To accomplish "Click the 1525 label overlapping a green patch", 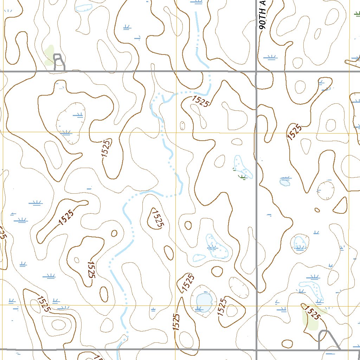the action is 313,312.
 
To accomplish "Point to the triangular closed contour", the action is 340,206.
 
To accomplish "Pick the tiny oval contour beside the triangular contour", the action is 317,210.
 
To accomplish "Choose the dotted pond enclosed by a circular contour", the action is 300,242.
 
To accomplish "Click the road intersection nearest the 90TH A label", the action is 256,71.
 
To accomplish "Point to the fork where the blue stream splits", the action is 163,97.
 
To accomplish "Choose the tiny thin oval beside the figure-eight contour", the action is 182,125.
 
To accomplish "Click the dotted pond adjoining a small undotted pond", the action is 217,247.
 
